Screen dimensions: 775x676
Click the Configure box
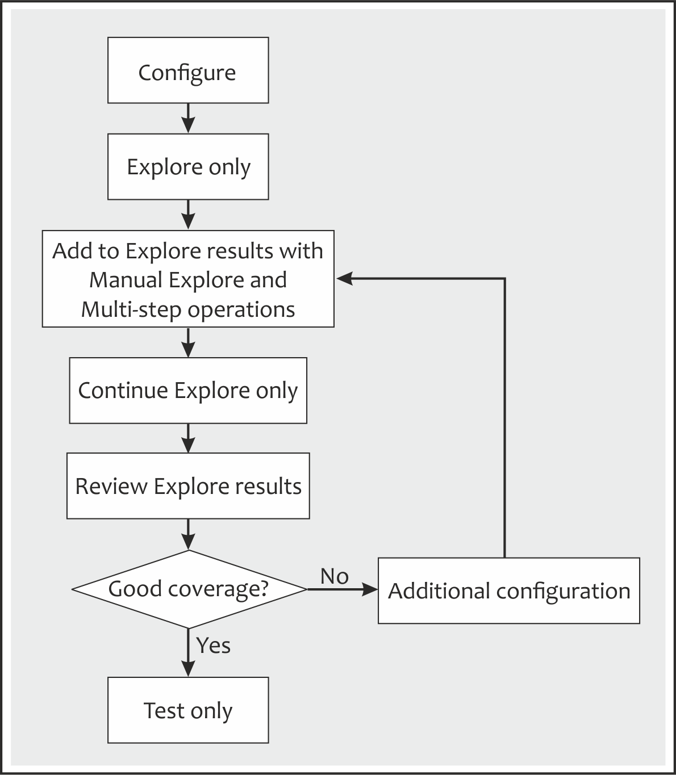[x=188, y=70]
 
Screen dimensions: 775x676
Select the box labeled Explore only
[x=188, y=167]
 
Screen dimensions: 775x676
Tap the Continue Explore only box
[x=188, y=391]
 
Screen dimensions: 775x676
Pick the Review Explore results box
[x=188, y=486]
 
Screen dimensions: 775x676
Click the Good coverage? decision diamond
[x=188, y=589]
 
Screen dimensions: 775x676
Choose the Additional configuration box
[x=509, y=591]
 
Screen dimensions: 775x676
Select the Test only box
[x=188, y=710]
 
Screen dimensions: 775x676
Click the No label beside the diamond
[x=334, y=576]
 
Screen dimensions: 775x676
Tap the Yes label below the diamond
[x=214, y=646]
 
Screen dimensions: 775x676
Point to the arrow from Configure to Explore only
[x=188, y=119]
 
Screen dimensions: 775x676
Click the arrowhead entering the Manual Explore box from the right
[x=344, y=278]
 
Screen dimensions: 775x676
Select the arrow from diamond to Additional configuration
[x=343, y=589]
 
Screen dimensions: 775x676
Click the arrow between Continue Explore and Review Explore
[x=188, y=438]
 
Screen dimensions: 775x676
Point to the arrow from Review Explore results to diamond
[x=188, y=535]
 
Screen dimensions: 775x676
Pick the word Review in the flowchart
[x=111, y=487]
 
